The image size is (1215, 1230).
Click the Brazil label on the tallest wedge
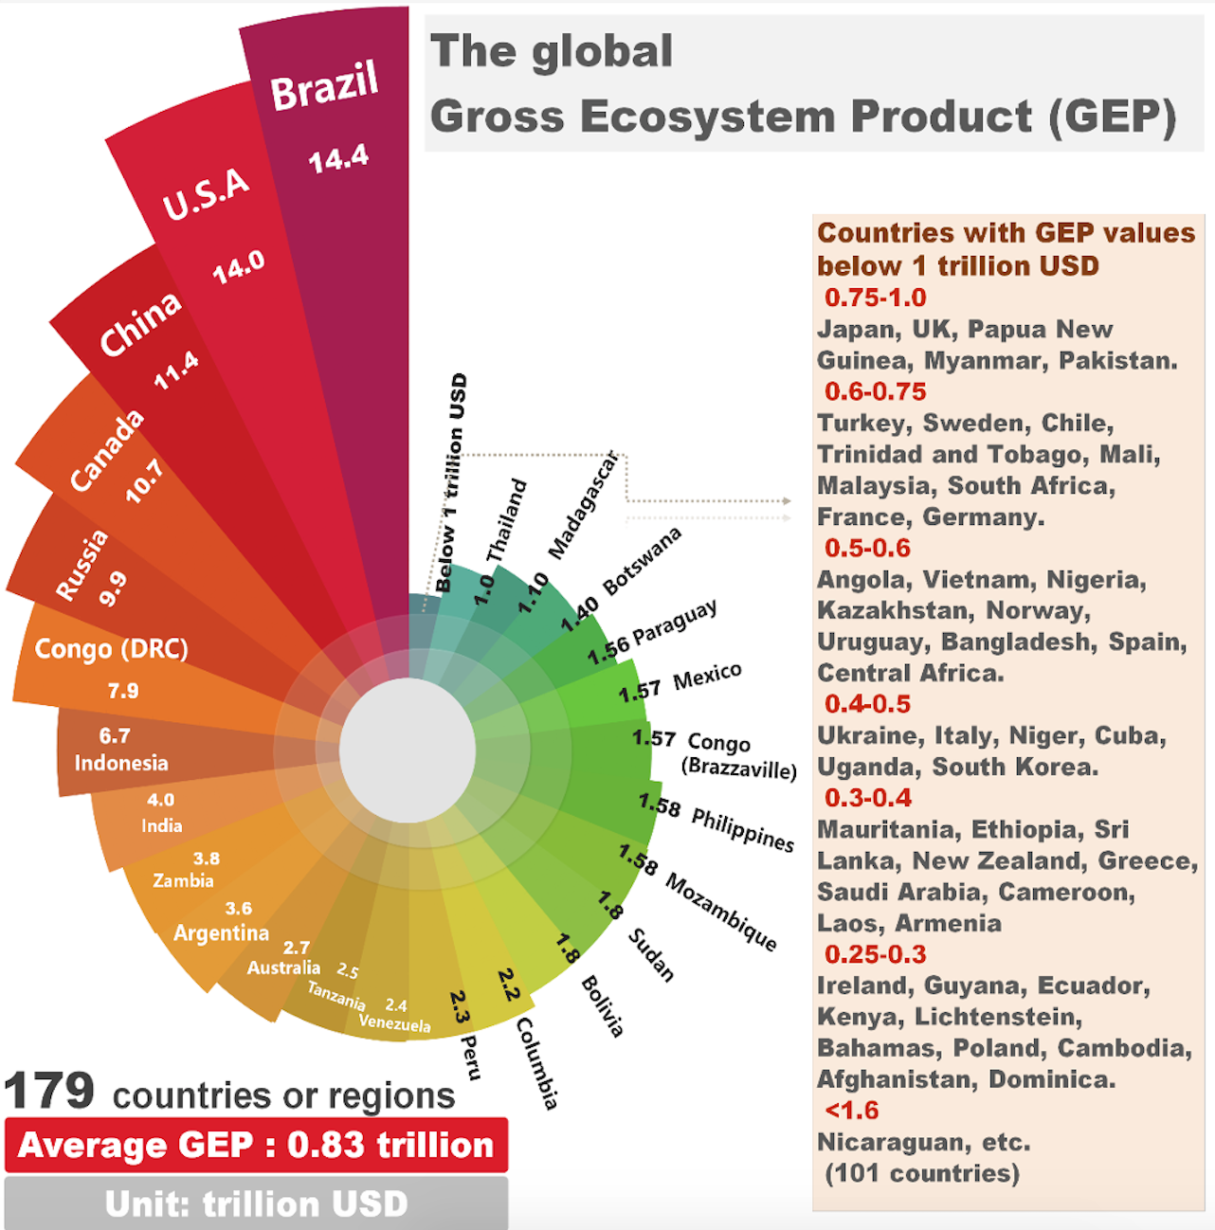pyautogui.click(x=324, y=85)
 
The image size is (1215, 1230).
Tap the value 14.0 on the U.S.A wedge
pyautogui.click(x=238, y=267)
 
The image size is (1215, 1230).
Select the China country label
pyautogui.click(x=140, y=323)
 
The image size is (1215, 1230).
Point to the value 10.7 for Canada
pyautogui.click(x=144, y=480)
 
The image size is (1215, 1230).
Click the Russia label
pyautogui.click(x=82, y=566)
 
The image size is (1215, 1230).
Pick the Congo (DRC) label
pyautogui.click(x=112, y=649)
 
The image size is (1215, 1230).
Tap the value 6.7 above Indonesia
pyautogui.click(x=115, y=735)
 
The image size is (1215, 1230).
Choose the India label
pyautogui.click(x=162, y=825)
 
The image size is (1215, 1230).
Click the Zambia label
pyautogui.click(x=183, y=880)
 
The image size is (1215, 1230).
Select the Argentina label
pyautogui.click(x=221, y=932)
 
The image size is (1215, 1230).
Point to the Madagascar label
pyautogui.click(x=583, y=505)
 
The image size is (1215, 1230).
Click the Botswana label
pyautogui.click(x=643, y=561)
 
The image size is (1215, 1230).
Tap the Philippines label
pyautogui.click(x=743, y=829)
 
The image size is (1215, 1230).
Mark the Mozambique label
pyautogui.click(x=722, y=912)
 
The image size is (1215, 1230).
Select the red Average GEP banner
pyautogui.click(x=256, y=1145)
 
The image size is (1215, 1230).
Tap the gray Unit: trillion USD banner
pyautogui.click(x=256, y=1203)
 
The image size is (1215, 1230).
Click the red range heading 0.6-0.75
pyautogui.click(x=875, y=391)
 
